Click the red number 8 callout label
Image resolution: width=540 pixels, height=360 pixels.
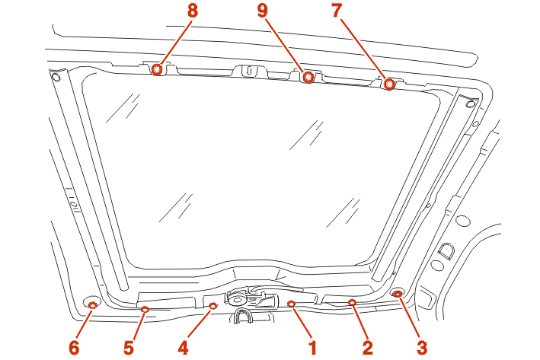pyautogui.click(x=193, y=11)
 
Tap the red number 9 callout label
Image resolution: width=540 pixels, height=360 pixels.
pyautogui.click(x=263, y=11)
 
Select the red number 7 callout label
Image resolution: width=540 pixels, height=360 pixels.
pyautogui.click(x=337, y=11)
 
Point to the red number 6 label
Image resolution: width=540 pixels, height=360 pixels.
pyautogui.click(x=74, y=348)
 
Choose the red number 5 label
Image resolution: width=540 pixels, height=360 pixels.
pyautogui.click(x=129, y=348)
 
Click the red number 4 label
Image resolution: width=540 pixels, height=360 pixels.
pyautogui.click(x=183, y=348)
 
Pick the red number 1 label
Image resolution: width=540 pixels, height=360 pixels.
pyautogui.click(x=313, y=348)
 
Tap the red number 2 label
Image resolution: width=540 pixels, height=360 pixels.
pyautogui.click(x=367, y=348)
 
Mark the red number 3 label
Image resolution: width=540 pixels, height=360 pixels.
pyautogui.click(x=422, y=348)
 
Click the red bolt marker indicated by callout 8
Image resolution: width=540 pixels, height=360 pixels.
pyautogui.click(x=157, y=69)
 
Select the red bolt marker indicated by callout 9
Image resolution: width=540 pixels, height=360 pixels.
pyautogui.click(x=308, y=77)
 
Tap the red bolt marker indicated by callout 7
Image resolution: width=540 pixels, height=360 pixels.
pyautogui.click(x=389, y=84)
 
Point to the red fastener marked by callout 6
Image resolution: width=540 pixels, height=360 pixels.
pyautogui.click(x=93, y=304)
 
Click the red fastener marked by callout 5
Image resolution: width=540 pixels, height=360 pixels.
pyautogui.click(x=145, y=309)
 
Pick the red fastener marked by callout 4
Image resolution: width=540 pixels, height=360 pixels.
pyautogui.click(x=213, y=305)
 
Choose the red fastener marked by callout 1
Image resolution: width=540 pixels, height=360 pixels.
pyautogui.click(x=292, y=303)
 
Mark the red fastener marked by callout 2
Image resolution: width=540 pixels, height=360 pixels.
pyautogui.click(x=352, y=302)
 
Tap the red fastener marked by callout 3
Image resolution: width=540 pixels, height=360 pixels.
pyautogui.click(x=398, y=294)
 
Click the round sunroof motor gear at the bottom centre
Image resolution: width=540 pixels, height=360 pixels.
pyautogui.click(x=236, y=298)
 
